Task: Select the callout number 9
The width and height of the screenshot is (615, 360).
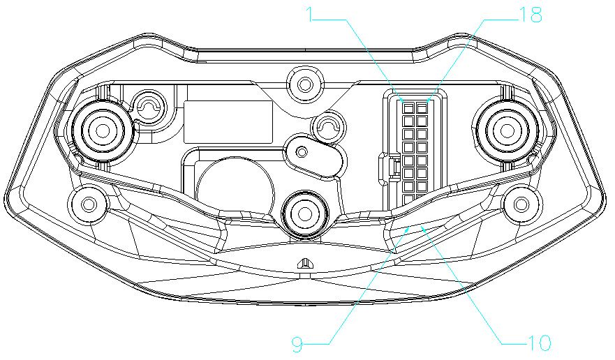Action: (x=297, y=343)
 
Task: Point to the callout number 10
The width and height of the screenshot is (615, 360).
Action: (x=539, y=343)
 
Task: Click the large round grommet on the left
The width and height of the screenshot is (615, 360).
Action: (x=103, y=127)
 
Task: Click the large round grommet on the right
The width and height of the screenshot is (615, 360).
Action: (x=507, y=127)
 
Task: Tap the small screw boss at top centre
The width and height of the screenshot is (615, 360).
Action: (x=304, y=84)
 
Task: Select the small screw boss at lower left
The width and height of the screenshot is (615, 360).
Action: (x=89, y=204)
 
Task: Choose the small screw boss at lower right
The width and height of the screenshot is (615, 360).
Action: (x=521, y=204)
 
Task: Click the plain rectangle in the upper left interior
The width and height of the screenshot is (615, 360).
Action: (x=228, y=122)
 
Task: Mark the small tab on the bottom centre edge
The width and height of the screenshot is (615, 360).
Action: (x=304, y=264)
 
